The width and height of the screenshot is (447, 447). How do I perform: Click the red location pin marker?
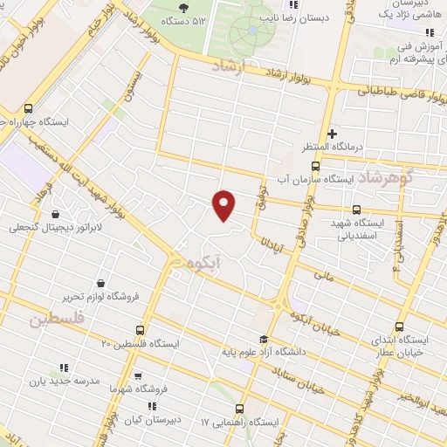coord(224,204)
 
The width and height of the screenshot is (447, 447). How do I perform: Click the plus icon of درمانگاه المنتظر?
coord(332,133)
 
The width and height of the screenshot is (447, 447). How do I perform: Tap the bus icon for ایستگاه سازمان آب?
coord(315,166)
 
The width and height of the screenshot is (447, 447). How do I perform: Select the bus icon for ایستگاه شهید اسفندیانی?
coord(355,210)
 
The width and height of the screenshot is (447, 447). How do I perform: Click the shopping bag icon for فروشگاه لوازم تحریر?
coord(102,284)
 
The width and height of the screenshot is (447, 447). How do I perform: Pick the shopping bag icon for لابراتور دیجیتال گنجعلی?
coord(56,214)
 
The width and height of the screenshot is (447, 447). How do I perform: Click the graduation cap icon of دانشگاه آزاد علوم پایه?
coord(263,340)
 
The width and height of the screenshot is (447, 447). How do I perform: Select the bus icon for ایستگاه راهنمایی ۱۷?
coord(240,409)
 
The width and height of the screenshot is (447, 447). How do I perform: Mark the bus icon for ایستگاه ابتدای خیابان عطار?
coord(400,327)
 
